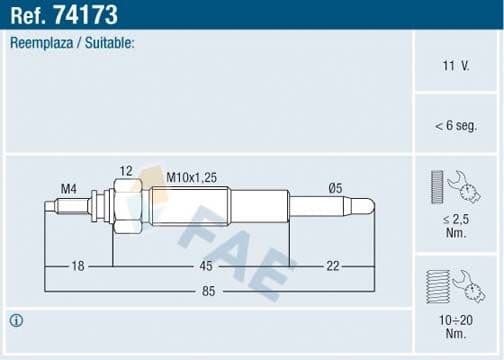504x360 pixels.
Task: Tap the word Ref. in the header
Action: point(32,15)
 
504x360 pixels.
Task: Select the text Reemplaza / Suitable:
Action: point(73,44)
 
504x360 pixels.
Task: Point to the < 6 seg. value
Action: point(455,125)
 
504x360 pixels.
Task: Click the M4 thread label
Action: point(69,187)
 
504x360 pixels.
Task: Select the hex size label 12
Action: point(126,172)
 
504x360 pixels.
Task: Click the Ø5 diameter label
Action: point(337,187)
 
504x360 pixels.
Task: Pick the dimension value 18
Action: point(77,265)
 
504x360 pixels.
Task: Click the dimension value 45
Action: point(204,265)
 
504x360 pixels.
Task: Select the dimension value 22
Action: point(333,265)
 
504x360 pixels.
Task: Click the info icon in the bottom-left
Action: point(16,321)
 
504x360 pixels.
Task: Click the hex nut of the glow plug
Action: point(126,207)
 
